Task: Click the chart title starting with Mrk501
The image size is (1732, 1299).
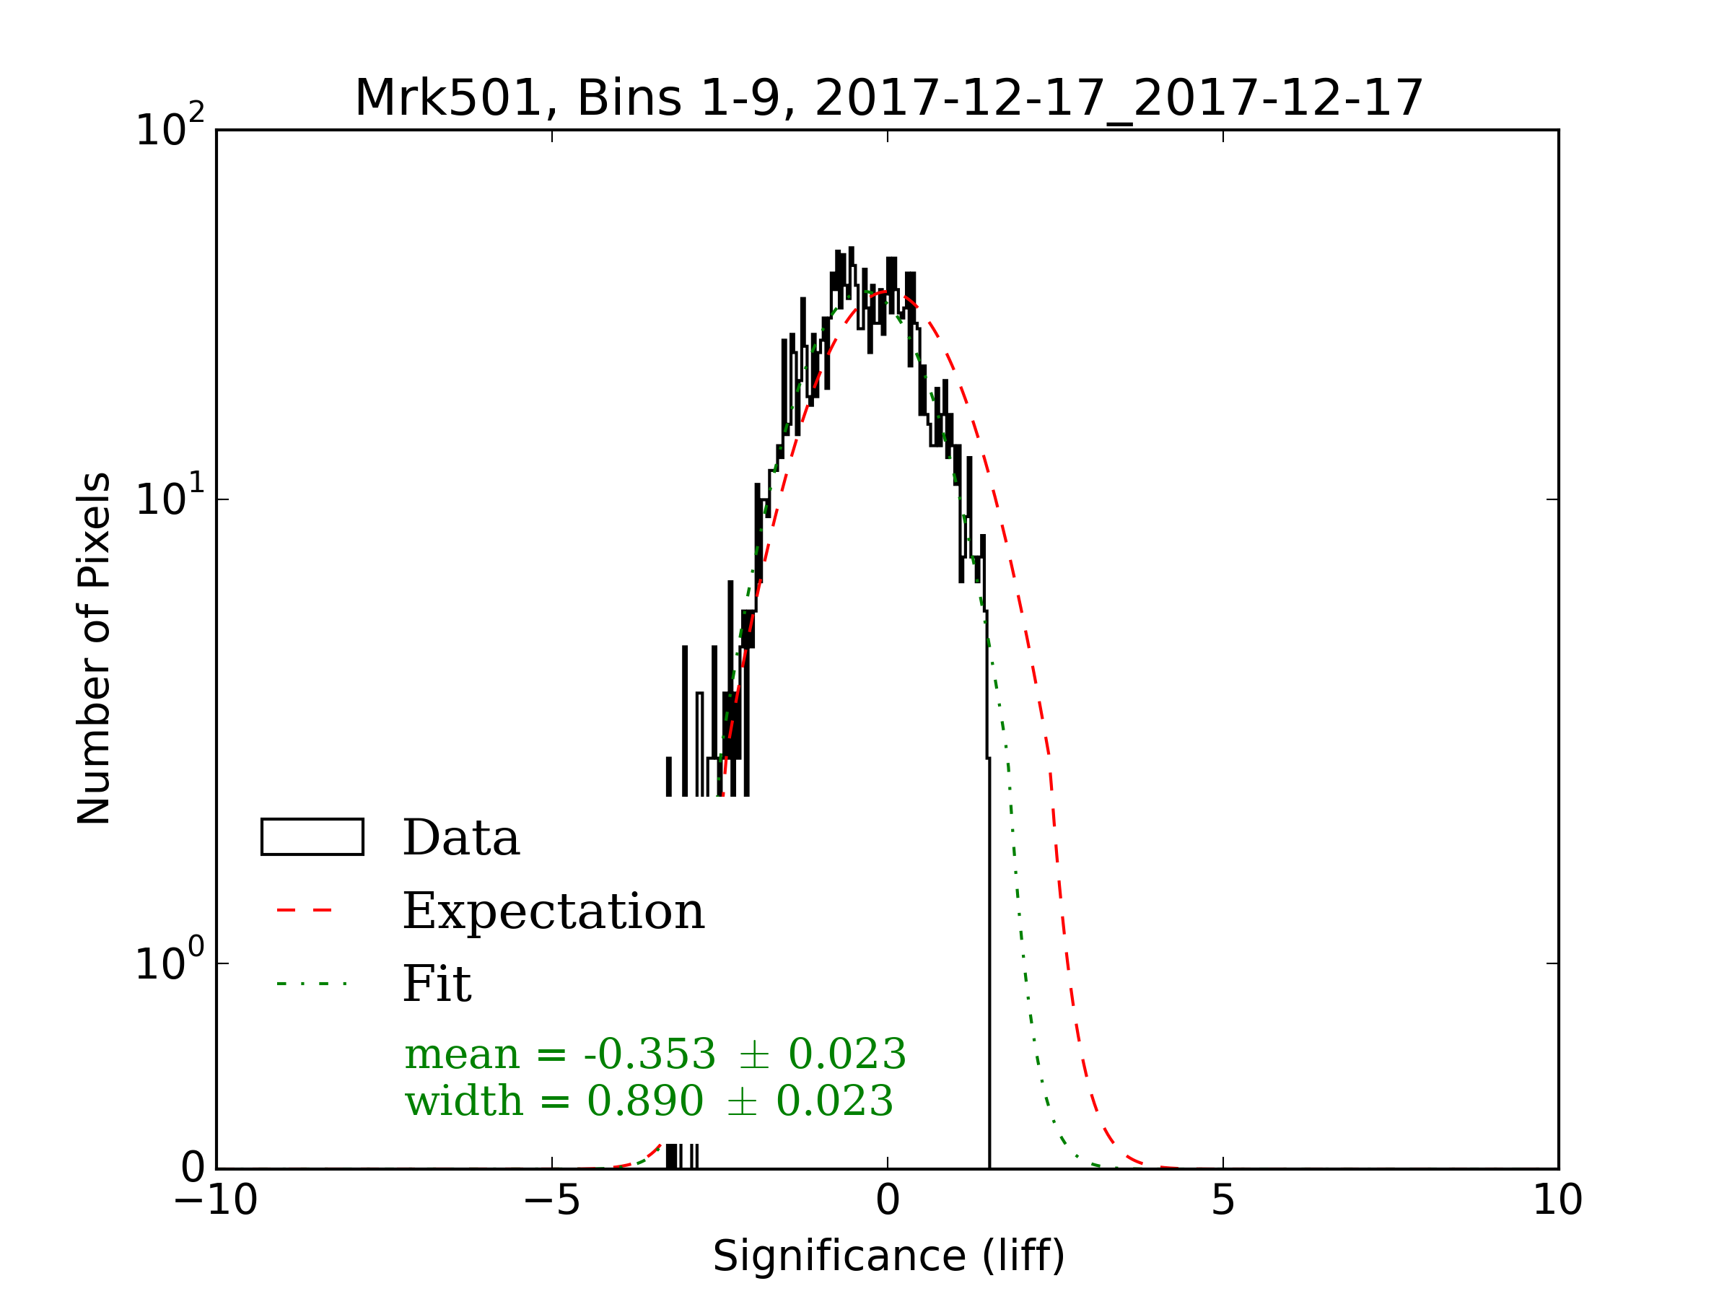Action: [x=888, y=99]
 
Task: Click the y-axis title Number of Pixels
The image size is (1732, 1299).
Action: [x=94, y=648]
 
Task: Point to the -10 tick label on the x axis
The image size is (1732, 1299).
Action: [x=215, y=1200]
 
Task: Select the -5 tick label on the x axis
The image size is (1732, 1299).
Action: [x=551, y=1200]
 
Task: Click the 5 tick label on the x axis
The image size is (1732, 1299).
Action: [x=1223, y=1200]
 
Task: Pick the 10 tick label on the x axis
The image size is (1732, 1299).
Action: [x=1557, y=1200]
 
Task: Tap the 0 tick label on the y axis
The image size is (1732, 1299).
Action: [x=193, y=1169]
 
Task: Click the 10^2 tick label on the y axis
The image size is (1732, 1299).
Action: [x=169, y=127]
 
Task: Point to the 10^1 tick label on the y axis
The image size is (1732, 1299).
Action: [x=169, y=497]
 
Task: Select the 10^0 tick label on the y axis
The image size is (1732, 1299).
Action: [x=169, y=961]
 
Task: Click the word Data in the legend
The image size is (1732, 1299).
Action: [x=461, y=838]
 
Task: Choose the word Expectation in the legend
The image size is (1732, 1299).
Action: [x=554, y=911]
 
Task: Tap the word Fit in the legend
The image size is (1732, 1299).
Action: [x=437, y=984]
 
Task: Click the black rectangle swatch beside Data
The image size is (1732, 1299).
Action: [x=312, y=837]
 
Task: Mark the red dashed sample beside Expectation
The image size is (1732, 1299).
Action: [x=305, y=911]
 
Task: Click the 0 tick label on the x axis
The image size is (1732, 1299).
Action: [x=887, y=1200]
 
